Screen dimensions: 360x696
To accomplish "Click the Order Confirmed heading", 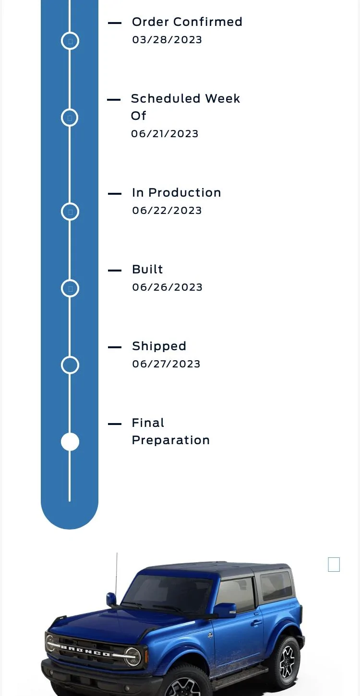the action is point(187,22).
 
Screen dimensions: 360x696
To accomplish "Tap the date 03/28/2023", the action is point(167,40).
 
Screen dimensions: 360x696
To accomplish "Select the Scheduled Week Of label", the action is point(185,107).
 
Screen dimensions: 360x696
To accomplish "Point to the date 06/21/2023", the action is point(165,134).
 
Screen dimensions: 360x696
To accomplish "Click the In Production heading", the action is point(176,193).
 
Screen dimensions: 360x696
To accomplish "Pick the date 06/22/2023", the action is point(167,211).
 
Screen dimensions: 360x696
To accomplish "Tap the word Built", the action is point(147,270).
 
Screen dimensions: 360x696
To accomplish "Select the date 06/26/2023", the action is point(167,287).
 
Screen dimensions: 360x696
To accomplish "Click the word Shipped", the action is point(159,346).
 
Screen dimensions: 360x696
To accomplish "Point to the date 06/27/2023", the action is point(167,364).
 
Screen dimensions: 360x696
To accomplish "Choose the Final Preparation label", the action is point(171,432).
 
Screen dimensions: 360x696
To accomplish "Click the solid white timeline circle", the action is point(70,441).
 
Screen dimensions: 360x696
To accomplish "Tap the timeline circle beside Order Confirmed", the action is point(70,32).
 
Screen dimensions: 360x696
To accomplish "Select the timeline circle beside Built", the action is point(70,280).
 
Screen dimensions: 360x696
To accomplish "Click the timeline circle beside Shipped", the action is point(70,356).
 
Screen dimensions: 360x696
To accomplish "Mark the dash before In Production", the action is point(114,194).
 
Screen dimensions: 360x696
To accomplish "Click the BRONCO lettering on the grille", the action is point(85,651).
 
